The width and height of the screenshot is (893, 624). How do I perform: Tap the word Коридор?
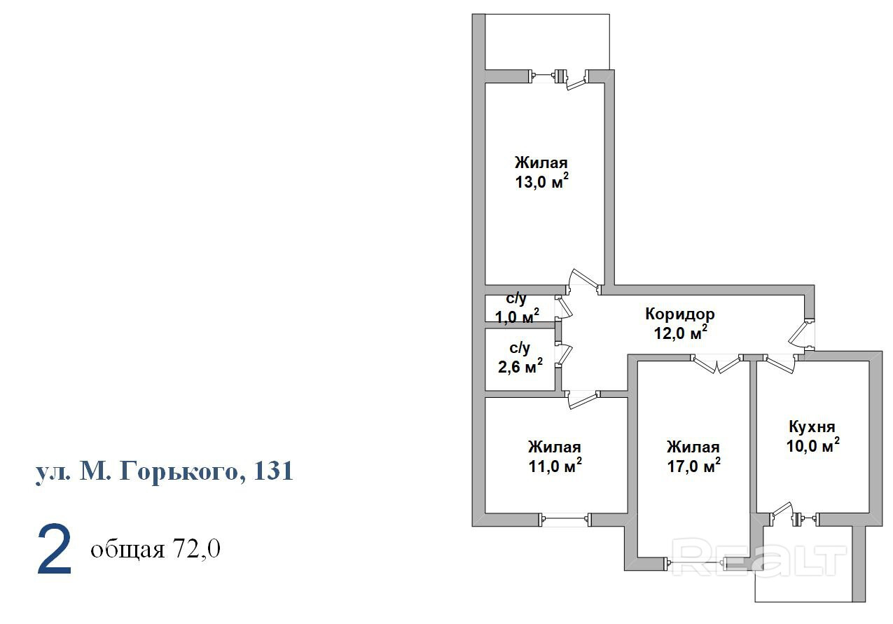click(x=680, y=314)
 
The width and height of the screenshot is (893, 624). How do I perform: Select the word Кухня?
click(x=812, y=427)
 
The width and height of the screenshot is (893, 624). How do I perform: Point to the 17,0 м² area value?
click(x=694, y=465)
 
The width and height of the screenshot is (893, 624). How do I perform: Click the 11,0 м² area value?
click(x=555, y=465)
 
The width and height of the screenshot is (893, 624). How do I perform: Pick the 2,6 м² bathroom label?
click(x=520, y=366)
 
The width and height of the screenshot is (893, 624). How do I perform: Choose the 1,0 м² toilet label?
click(x=517, y=316)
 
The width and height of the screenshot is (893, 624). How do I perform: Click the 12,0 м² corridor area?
click(x=681, y=332)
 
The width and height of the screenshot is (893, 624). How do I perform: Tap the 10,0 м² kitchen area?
click(x=813, y=445)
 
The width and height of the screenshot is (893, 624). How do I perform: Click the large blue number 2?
click(x=54, y=550)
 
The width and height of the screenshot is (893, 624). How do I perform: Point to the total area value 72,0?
click(x=195, y=549)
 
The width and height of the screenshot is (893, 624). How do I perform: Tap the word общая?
click(x=127, y=550)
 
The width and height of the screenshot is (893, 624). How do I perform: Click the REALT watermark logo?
click(x=759, y=557)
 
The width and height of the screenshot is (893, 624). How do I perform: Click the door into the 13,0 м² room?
click(x=584, y=281)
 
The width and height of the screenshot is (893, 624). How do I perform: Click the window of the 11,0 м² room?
click(x=565, y=519)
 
